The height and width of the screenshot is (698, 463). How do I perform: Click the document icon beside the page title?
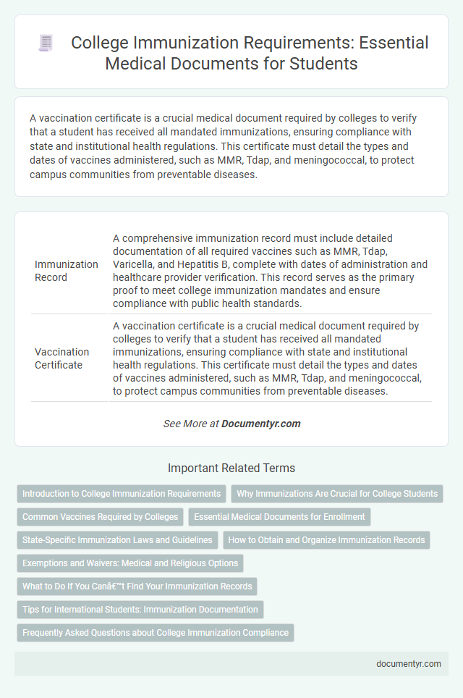(x=46, y=43)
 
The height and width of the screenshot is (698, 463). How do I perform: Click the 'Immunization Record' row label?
(x=67, y=271)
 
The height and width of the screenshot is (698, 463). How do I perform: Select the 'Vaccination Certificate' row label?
(x=62, y=358)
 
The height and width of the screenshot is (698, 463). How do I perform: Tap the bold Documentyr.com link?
(x=261, y=424)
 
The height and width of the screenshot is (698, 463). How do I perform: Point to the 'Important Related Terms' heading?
(x=231, y=468)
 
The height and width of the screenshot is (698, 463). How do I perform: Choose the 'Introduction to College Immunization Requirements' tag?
(x=122, y=494)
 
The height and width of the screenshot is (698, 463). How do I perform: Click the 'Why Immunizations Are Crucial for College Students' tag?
(x=337, y=494)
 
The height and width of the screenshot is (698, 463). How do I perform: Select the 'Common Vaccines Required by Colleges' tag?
(x=100, y=517)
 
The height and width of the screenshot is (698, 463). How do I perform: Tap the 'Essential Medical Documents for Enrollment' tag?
(x=280, y=517)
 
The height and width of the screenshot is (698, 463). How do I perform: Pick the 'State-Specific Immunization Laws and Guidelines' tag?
(x=117, y=540)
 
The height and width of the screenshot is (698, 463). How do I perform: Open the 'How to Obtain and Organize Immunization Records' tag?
(x=327, y=540)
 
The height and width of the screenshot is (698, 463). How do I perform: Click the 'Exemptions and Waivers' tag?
(x=130, y=563)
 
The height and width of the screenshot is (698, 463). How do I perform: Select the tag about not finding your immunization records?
(x=137, y=586)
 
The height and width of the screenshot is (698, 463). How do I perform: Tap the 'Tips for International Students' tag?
(x=140, y=610)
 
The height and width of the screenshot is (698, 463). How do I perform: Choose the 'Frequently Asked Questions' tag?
(x=155, y=633)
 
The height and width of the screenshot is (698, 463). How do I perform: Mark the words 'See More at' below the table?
(x=190, y=424)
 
